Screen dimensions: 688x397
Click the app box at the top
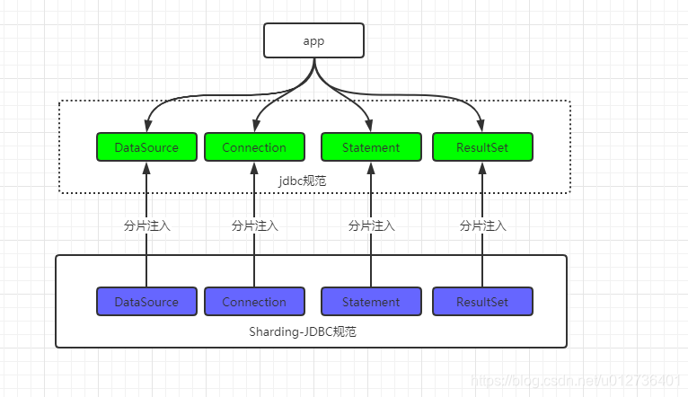tap(313, 40)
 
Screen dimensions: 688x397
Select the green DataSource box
tap(146, 147)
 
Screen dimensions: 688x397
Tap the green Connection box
tap(254, 147)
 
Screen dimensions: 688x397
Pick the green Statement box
tap(371, 147)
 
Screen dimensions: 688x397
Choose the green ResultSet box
tap(482, 147)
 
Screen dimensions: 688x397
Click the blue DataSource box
tap(146, 302)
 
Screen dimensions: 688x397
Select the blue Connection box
tap(254, 302)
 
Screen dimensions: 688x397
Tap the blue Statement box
tap(371, 302)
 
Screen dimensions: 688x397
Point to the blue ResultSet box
tap(482, 302)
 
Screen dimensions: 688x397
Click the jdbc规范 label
tap(303, 181)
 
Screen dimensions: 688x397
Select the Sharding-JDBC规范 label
tap(303, 331)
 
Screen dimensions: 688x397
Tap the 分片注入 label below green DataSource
tap(146, 226)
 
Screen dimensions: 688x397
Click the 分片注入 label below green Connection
tap(254, 226)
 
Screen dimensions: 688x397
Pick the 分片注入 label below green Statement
tap(371, 226)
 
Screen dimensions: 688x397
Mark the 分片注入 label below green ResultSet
tap(482, 226)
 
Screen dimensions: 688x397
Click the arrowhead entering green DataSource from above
tap(148, 126)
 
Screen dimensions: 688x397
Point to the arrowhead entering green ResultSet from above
tap(481, 126)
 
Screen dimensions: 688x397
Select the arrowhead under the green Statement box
tap(371, 168)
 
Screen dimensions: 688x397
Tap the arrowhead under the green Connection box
tap(254, 168)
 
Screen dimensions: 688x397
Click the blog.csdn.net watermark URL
tap(575, 380)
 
